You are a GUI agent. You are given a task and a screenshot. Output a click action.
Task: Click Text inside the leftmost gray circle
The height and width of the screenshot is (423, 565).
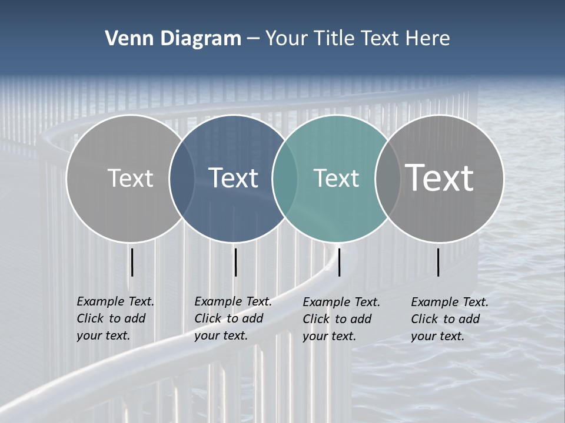coord(130,178)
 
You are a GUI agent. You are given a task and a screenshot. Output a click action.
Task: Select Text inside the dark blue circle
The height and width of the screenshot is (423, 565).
coord(234,178)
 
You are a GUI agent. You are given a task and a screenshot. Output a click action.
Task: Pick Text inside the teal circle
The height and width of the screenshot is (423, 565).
coord(336,179)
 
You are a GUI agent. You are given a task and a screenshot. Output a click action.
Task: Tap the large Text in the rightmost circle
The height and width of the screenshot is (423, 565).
coord(439,177)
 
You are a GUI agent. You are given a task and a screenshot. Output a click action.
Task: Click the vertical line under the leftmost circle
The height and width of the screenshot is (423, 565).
coord(132,262)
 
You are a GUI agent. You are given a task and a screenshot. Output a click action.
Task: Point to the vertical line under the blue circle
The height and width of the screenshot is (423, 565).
coord(235,262)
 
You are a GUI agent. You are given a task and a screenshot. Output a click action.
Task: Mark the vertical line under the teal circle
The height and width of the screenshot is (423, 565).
coord(339,262)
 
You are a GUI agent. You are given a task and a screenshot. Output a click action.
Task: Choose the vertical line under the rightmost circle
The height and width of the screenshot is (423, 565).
coord(438,262)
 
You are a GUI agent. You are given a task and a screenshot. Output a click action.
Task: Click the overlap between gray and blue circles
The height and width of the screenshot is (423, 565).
coord(182,179)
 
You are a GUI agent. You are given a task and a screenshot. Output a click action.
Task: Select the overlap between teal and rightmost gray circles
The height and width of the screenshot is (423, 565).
coord(387,179)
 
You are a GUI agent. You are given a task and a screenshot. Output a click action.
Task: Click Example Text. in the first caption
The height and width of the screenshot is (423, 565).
coord(115,301)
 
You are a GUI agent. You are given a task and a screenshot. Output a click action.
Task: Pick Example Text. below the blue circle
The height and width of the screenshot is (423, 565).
coord(233,301)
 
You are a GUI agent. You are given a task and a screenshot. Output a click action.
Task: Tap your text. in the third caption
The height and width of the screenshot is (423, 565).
coord(330,336)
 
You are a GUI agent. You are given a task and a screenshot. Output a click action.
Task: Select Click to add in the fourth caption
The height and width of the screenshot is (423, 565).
coord(446,319)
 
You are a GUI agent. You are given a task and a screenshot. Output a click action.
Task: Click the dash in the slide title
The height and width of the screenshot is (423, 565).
coord(253,39)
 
